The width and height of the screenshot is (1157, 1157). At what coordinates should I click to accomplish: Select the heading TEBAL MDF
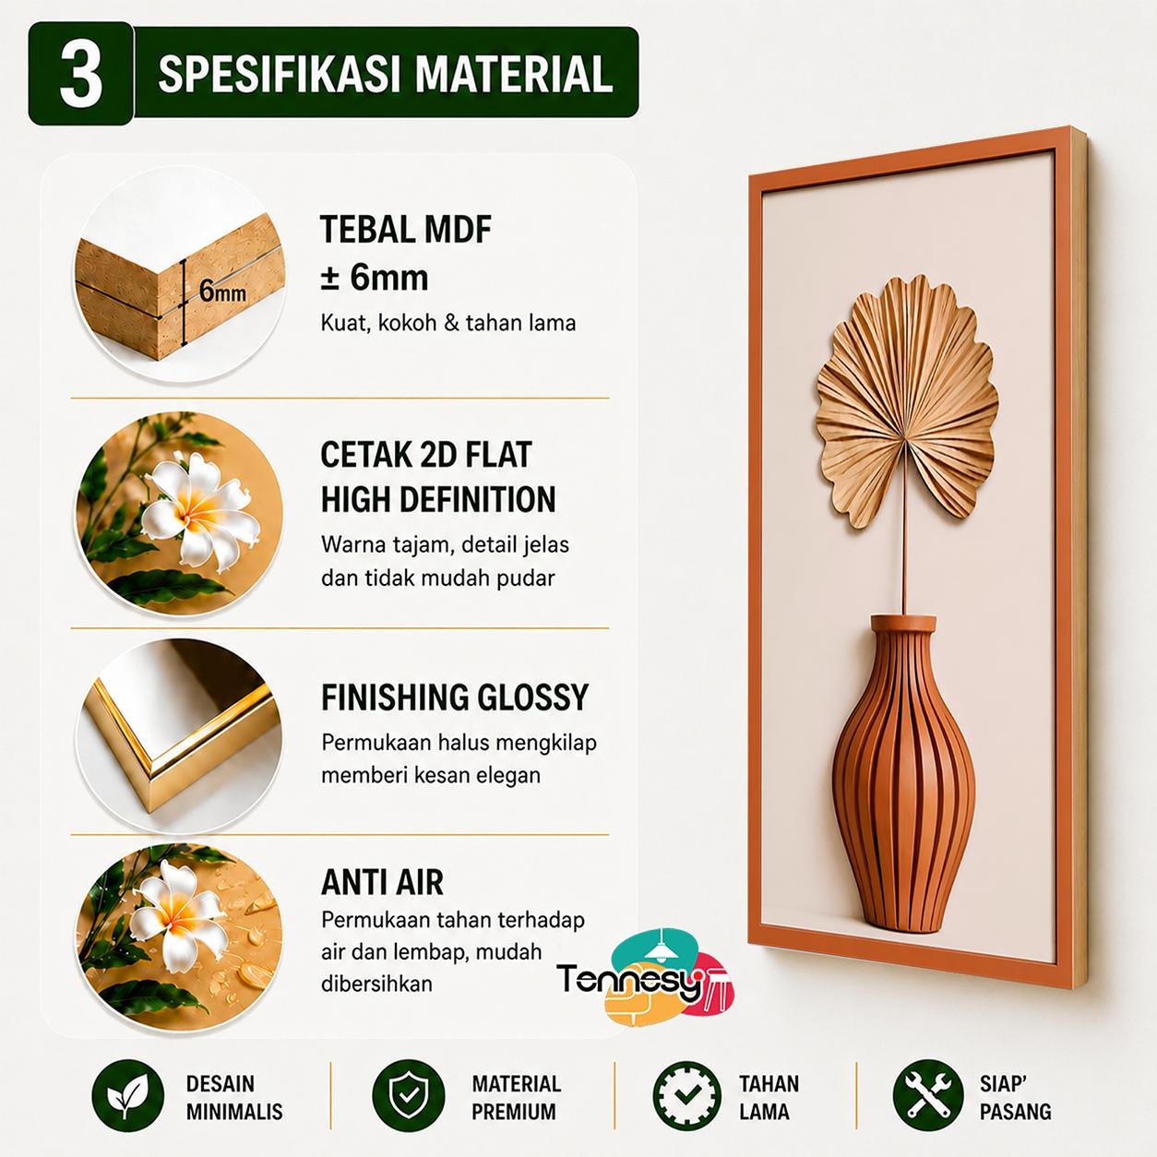click(x=406, y=229)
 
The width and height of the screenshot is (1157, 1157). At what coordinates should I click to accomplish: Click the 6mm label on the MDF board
click(x=222, y=292)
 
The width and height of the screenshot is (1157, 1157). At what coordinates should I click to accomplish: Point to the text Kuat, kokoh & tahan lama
click(x=447, y=323)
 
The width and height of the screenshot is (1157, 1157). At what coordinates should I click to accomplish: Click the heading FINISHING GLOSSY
click(x=455, y=698)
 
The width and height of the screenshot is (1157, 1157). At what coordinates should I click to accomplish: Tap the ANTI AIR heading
click(x=382, y=883)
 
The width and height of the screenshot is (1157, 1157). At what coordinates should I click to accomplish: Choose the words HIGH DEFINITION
click(x=438, y=499)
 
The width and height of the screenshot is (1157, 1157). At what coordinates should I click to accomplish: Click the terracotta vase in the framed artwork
click(x=903, y=774)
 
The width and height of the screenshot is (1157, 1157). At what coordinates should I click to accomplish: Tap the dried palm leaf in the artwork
click(x=907, y=402)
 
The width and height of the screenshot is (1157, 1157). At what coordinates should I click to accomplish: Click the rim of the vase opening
click(x=903, y=623)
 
